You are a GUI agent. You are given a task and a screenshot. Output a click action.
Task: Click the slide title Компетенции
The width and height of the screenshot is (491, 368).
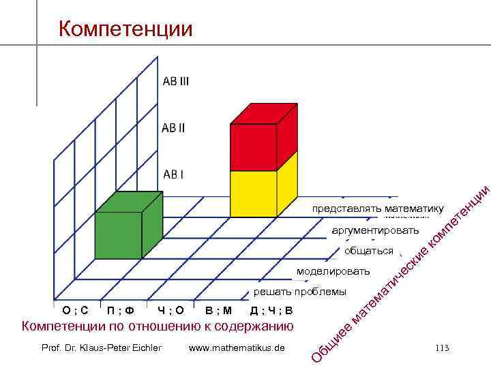pos(125,29)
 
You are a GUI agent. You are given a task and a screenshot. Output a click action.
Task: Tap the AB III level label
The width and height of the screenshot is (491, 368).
pos(176,81)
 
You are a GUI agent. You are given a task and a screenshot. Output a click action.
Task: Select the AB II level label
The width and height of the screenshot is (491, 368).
pos(173,127)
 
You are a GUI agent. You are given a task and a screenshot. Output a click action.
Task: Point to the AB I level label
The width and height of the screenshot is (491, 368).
pos(173,174)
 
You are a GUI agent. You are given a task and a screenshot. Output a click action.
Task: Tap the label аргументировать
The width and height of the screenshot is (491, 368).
pos(375,230)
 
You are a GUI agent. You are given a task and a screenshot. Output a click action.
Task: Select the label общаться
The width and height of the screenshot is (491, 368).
pos(369,251)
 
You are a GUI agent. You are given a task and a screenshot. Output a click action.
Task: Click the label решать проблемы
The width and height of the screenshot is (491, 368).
pos(300,292)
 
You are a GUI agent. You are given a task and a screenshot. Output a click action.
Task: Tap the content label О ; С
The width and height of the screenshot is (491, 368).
pos(75,311)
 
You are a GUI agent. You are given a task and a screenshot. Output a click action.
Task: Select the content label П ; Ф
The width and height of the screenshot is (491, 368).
pos(120,311)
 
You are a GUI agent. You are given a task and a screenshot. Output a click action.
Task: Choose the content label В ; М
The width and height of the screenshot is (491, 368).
pos(218,311)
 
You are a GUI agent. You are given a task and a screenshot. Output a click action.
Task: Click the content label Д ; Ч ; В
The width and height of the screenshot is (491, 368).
pos(271,311)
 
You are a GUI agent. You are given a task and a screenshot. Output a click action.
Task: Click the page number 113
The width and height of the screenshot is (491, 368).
pos(441,348)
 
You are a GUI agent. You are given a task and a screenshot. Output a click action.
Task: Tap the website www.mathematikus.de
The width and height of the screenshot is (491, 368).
pos(237,348)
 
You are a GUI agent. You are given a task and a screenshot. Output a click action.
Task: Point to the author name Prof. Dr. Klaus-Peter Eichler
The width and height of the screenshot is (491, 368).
pos(102,348)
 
